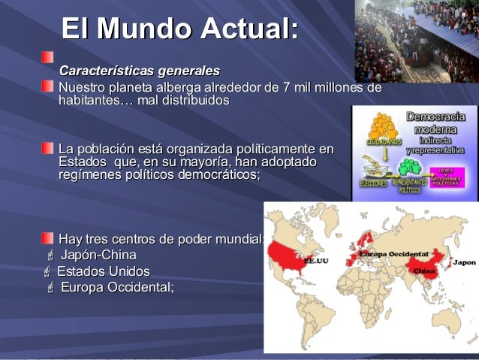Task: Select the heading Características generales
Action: click(x=140, y=71)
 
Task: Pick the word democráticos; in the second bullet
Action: click(x=217, y=175)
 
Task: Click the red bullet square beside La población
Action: click(x=47, y=147)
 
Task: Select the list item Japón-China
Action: click(x=98, y=256)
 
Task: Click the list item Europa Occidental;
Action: click(x=116, y=287)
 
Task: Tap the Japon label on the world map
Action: click(x=464, y=262)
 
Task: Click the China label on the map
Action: click(x=423, y=270)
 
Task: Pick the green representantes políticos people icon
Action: click(x=410, y=166)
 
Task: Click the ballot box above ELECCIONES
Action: click(x=373, y=167)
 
